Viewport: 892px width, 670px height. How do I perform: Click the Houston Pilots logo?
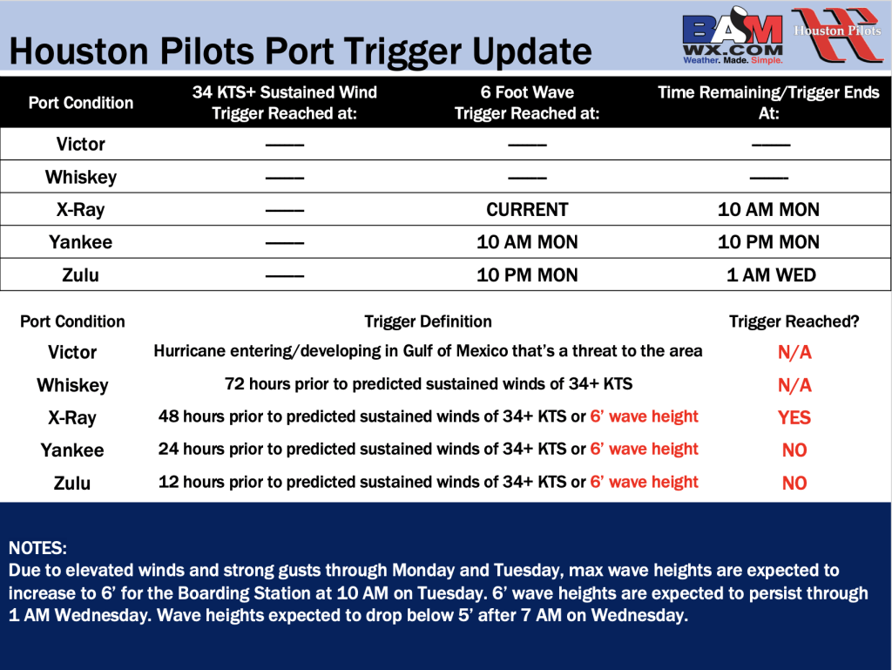point(837,34)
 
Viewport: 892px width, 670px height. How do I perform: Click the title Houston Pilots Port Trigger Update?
point(301,51)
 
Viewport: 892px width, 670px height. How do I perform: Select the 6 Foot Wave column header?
point(527,103)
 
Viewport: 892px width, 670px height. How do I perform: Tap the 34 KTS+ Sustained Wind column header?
point(285,103)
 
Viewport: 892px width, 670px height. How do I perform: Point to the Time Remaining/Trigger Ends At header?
point(768,103)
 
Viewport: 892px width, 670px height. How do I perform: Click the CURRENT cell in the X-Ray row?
point(527,209)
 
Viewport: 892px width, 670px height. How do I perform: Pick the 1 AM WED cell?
point(771,275)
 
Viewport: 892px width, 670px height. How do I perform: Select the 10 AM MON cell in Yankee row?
point(527,242)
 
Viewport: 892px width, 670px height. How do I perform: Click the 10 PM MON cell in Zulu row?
point(527,275)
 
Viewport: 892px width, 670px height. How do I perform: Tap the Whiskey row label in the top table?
point(81,178)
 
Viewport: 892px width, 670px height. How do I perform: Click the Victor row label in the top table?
point(81,144)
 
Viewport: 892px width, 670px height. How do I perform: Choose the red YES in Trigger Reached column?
point(794,417)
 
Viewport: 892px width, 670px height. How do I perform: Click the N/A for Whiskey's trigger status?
point(794,385)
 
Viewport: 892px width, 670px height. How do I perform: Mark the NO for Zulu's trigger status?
point(794,483)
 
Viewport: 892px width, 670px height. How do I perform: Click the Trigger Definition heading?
point(428,321)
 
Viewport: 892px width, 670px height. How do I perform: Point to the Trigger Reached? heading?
point(794,321)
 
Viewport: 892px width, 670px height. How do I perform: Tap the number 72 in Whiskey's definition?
point(234,384)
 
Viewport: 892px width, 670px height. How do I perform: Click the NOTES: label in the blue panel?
point(37,548)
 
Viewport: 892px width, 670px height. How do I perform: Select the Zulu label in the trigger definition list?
point(72,483)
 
